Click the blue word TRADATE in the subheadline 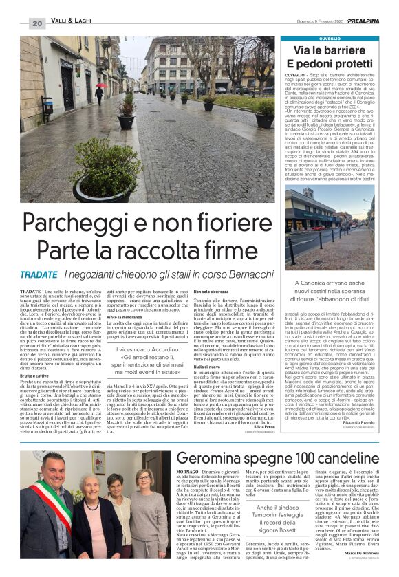[39, 274]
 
